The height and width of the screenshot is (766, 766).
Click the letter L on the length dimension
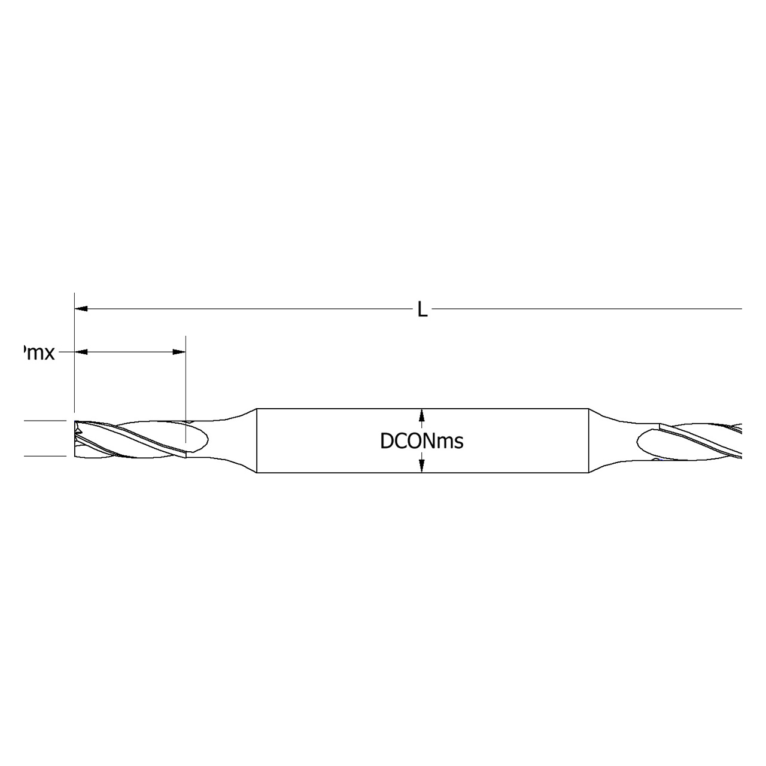[422, 310]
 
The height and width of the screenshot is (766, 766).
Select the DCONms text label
[422, 442]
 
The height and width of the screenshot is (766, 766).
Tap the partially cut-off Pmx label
[38, 353]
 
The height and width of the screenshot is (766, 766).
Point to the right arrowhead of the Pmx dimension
[179, 352]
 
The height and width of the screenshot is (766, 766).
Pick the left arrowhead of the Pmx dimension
[81, 352]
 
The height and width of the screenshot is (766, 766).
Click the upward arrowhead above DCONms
[422, 415]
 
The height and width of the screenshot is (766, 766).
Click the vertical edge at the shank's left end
[257, 441]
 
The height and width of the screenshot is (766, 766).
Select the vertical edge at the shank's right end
[589, 441]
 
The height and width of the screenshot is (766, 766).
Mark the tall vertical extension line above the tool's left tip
[74, 359]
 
